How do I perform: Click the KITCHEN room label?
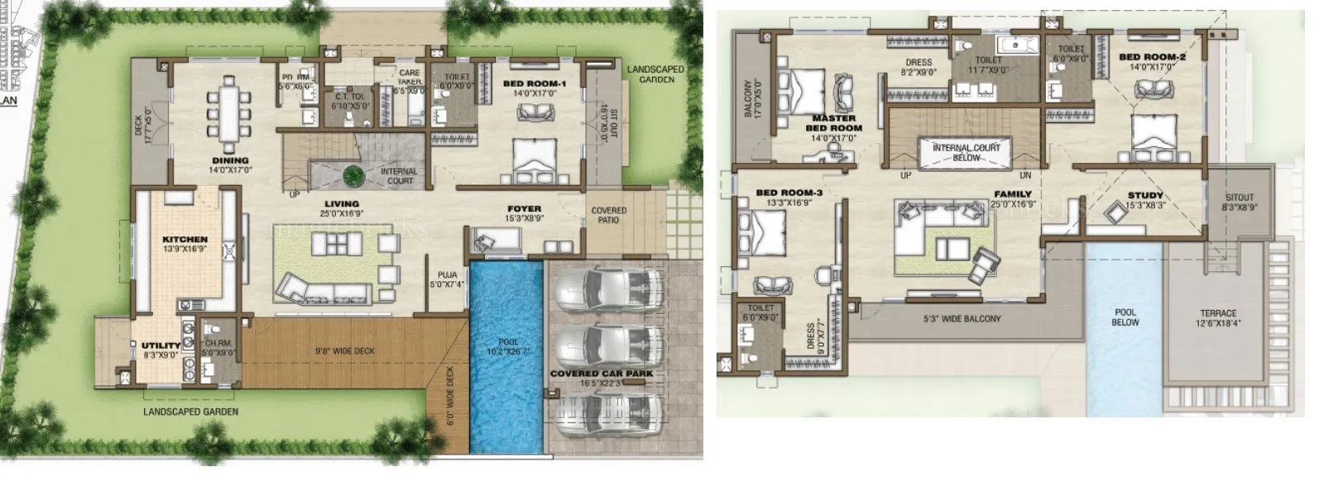(185, 240)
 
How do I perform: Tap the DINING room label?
(230, 160)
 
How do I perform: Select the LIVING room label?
(342, 203)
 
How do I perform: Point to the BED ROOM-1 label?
(535, 83)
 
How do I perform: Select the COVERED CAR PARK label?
(602, 374)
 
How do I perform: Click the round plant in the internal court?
(353, 174)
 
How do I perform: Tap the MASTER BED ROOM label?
(835, 123)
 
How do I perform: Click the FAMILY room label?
(1013, 194)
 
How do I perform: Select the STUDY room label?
(1145, 196)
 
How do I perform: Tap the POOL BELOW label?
(1125, 317)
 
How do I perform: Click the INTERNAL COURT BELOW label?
(966, 152)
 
